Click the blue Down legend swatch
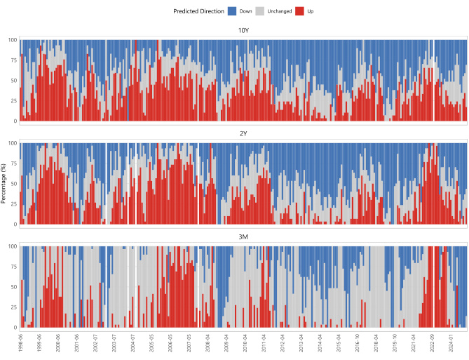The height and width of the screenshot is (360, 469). point(232,11)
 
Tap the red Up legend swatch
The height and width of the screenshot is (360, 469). point(299,11)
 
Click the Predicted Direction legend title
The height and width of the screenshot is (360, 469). point(198,11)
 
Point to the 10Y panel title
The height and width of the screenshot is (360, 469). point(243,31)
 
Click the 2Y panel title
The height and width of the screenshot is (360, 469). point(243,133)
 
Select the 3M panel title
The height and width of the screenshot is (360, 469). point(243,236)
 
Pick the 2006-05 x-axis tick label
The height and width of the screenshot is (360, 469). point(170,343)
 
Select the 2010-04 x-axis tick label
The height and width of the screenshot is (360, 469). point(245,343)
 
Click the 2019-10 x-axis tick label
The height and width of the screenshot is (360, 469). point(395,343)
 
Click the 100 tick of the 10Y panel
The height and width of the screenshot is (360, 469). point(13,40)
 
